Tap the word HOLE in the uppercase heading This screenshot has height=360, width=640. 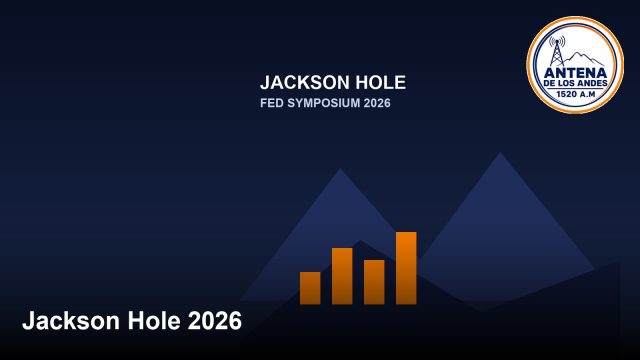click(x=381, y=82)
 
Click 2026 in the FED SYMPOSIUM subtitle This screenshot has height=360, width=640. click(x=377, y=103)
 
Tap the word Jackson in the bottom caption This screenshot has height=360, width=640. click(x=72, y=320)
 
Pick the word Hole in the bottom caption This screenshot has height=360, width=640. click(x=154, y=320)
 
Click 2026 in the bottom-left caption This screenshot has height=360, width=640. click(x=215, y=320)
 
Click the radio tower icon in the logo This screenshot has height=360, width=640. click(x=557, y=51)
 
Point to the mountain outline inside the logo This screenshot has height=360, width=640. click(x=584, y=59)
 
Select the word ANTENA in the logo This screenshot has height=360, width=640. click(x=576, y=73)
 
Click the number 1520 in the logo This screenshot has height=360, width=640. click(x=567, y=94)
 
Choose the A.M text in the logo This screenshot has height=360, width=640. click(x=588, y=94)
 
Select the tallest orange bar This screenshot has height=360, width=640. click(x=406, y=268)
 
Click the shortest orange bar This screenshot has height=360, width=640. click(x=310, y=288)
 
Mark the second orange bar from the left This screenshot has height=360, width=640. click(x=342, y=276)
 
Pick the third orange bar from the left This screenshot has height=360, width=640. click(x=374, y=282)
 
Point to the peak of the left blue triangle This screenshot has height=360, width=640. click(x=340, y=169)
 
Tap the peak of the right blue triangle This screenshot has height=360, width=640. click(x=500, y=153)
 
